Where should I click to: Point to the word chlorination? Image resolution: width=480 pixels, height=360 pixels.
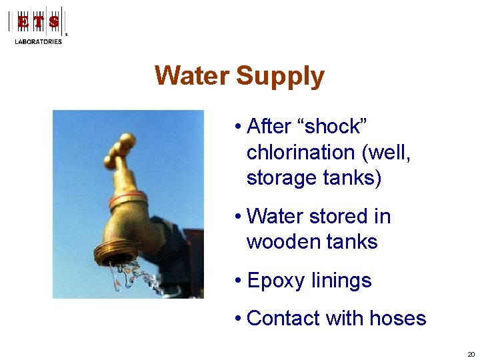point(301,152)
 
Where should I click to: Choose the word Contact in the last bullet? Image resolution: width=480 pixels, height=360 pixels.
point(284,318)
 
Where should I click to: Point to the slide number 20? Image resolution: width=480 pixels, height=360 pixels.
point(471,355)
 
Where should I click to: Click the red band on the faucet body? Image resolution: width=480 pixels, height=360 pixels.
point(127,197)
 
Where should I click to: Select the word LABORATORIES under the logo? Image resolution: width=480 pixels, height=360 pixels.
point(39,41)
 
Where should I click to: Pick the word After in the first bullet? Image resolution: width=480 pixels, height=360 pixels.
point(269,126)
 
